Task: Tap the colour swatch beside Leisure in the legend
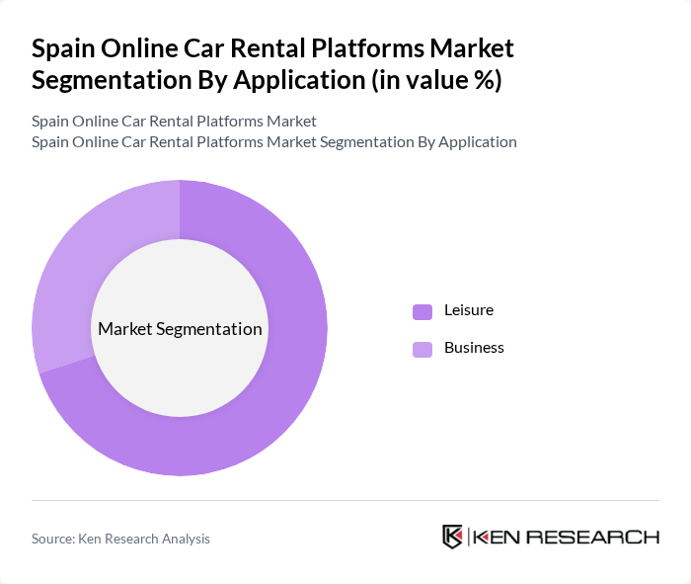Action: (422, 311)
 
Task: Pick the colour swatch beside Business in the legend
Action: (422, 349)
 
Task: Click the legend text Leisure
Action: (468, 310)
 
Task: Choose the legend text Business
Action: (474, 348)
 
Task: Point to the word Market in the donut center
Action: (125, 329)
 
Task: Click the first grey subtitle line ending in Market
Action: (174, 121)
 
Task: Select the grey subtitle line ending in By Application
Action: (273, 141)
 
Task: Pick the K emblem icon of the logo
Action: (452, 537)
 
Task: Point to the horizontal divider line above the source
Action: (345, 500)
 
